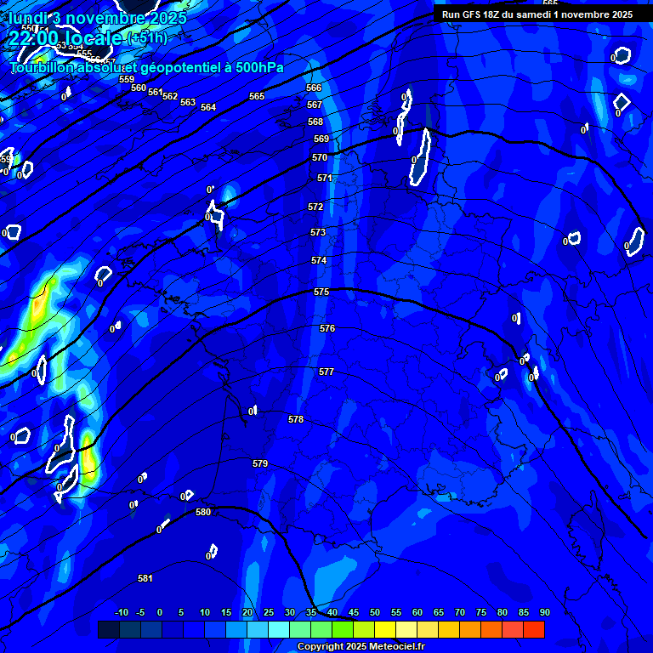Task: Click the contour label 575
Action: pos(321,292)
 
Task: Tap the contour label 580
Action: pos(203,512)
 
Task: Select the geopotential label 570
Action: pos(320,157)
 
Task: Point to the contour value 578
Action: pos(296,419)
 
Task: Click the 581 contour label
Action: pos(145,578)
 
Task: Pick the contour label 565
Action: pos(257,96)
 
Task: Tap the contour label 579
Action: pos(260,463)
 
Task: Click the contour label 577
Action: pos(326,372)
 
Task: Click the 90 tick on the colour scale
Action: pos(544,612)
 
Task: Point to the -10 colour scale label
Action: pos(121,612)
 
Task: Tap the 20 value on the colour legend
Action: pos(247,612)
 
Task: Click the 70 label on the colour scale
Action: pos(459,612)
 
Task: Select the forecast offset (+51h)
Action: pos(147,38)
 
